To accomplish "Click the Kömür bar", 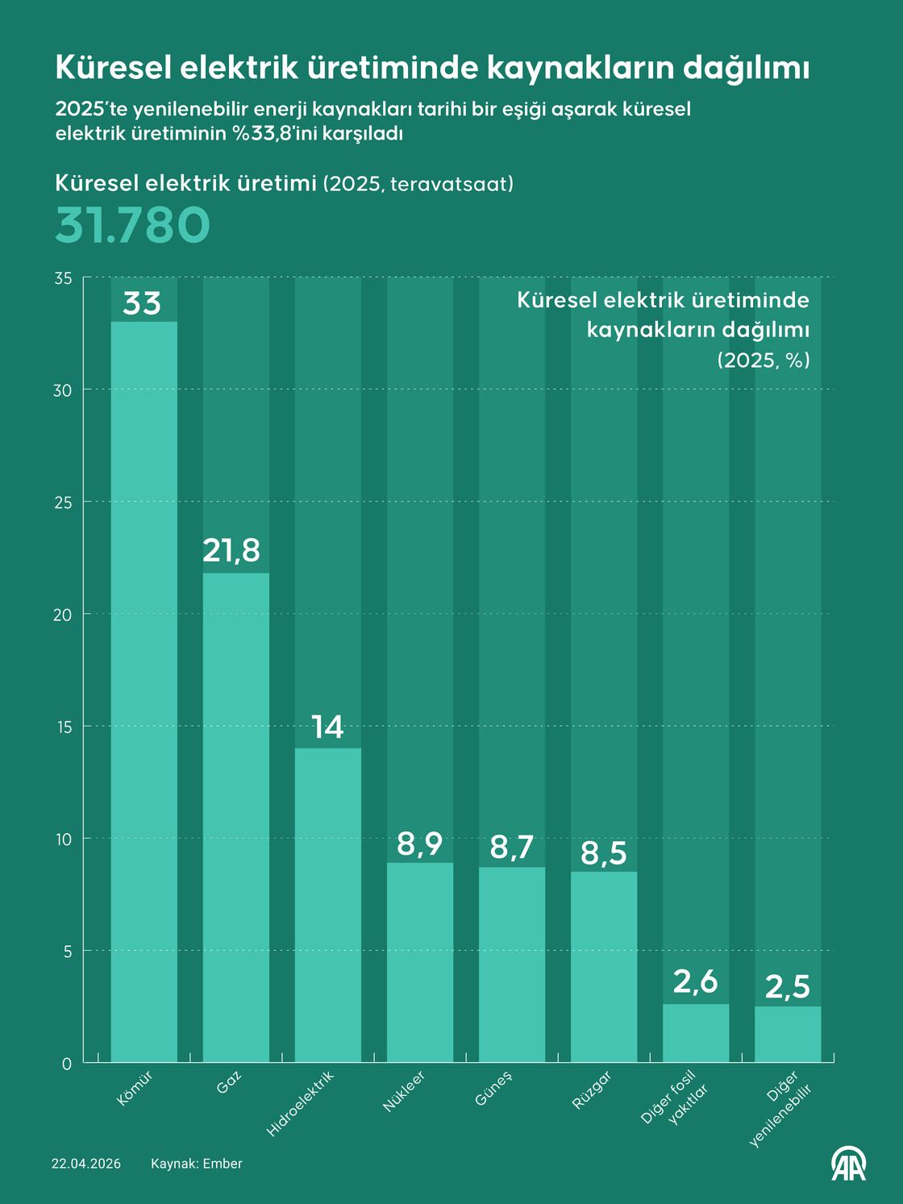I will [144, 691].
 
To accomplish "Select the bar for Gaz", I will [235, 817].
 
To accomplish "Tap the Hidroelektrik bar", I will [327, 905].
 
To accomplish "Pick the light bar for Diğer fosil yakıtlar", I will [696, 1032].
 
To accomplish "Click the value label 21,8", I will [231, 550].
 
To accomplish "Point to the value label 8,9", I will [419, 844].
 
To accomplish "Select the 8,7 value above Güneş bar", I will [512, 848].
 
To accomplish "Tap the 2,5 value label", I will [788, 987].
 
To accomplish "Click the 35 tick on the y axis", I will [63, 278].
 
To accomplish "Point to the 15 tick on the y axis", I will [63, 727].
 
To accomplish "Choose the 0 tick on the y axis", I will [66, 1064].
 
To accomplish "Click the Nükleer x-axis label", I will [404, 1091].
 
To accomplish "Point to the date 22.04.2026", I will [86, 1164].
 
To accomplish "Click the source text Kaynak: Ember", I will [196, 1164].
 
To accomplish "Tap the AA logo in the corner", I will [848, 1163].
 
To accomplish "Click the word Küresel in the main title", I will [112, 69].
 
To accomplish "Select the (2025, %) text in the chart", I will [764, 360].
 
